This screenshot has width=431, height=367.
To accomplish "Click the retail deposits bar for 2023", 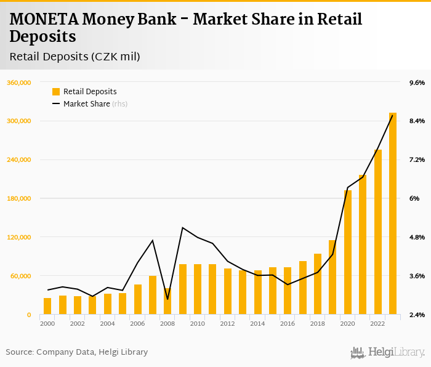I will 393,214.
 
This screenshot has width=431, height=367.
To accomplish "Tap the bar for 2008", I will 167,301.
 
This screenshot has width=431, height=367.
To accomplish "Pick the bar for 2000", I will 47,306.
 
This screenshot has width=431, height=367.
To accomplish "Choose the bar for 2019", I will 332,277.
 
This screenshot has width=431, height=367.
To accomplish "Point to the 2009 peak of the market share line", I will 183,228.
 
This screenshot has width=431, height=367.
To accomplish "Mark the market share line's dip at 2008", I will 167,299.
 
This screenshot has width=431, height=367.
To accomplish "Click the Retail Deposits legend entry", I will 90,92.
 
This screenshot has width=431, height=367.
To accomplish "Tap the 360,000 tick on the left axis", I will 19,83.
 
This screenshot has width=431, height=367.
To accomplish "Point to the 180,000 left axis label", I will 19,198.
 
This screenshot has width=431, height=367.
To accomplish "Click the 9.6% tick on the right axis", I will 417,83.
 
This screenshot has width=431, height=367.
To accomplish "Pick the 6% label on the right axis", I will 414,198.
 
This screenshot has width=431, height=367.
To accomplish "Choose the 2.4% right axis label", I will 417,315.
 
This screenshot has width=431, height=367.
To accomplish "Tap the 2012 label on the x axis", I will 227,323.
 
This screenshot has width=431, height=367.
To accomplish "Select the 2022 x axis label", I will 377,323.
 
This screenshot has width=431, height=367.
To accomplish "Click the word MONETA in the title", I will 42,20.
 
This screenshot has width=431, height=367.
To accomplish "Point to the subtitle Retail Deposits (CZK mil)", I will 75,57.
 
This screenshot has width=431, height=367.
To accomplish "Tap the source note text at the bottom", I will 77,352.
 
